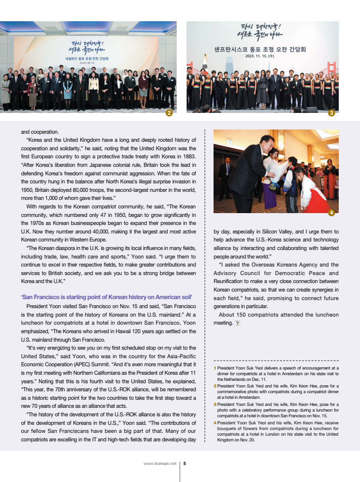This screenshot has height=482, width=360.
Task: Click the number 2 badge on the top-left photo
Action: point(169,113)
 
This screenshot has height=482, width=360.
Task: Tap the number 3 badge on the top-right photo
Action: point(332,113)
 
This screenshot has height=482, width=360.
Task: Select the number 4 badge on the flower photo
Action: point(332,213)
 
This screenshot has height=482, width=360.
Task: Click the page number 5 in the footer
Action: point(184,464)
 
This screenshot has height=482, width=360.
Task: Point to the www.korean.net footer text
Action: point(160,464)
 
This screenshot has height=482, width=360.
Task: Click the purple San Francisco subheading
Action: point(106,297)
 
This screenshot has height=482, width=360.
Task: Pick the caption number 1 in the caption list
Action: point(215,368)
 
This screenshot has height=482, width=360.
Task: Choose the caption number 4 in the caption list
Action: point(215,423)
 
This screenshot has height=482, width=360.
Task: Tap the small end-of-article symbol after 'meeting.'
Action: point(237,323)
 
